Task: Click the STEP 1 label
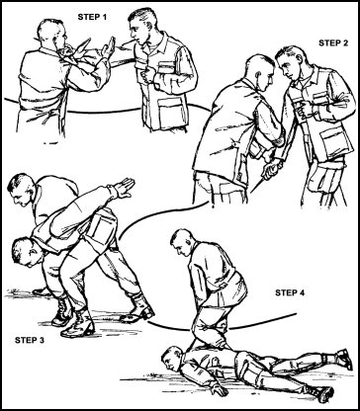click(x=92, y=17)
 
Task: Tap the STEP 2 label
click(x=333, y=42)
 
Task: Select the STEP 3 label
click(x=30, y=340)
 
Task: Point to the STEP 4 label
click(x=290, y=292)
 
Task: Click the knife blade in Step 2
click(x=257, y=185)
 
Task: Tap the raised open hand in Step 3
click(x=125, y=188)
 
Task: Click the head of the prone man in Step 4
click(x=171, y=358)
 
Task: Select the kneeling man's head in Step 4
click(x=182, y=242)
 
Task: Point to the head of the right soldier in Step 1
click(x=141, y=26)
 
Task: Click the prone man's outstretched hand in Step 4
click(x=220, y=389)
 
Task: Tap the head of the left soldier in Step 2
click(x=259, y=71)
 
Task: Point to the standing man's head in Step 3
click(x=21, y=189)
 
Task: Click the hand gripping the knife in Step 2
click(x=271, y=166)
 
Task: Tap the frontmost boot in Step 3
click(x=78, y=325)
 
